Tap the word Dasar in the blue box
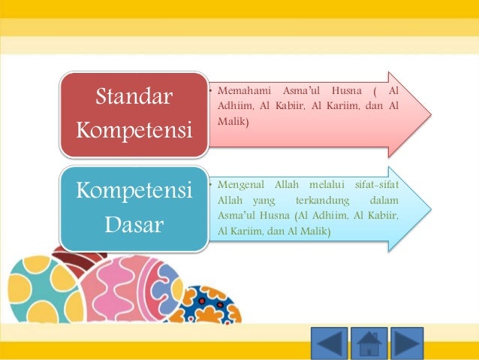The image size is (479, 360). click(134, 224)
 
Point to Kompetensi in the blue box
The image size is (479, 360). click(134, 191)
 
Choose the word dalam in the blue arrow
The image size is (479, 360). click(384, 201)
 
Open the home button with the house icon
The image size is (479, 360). click(369, 343)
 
